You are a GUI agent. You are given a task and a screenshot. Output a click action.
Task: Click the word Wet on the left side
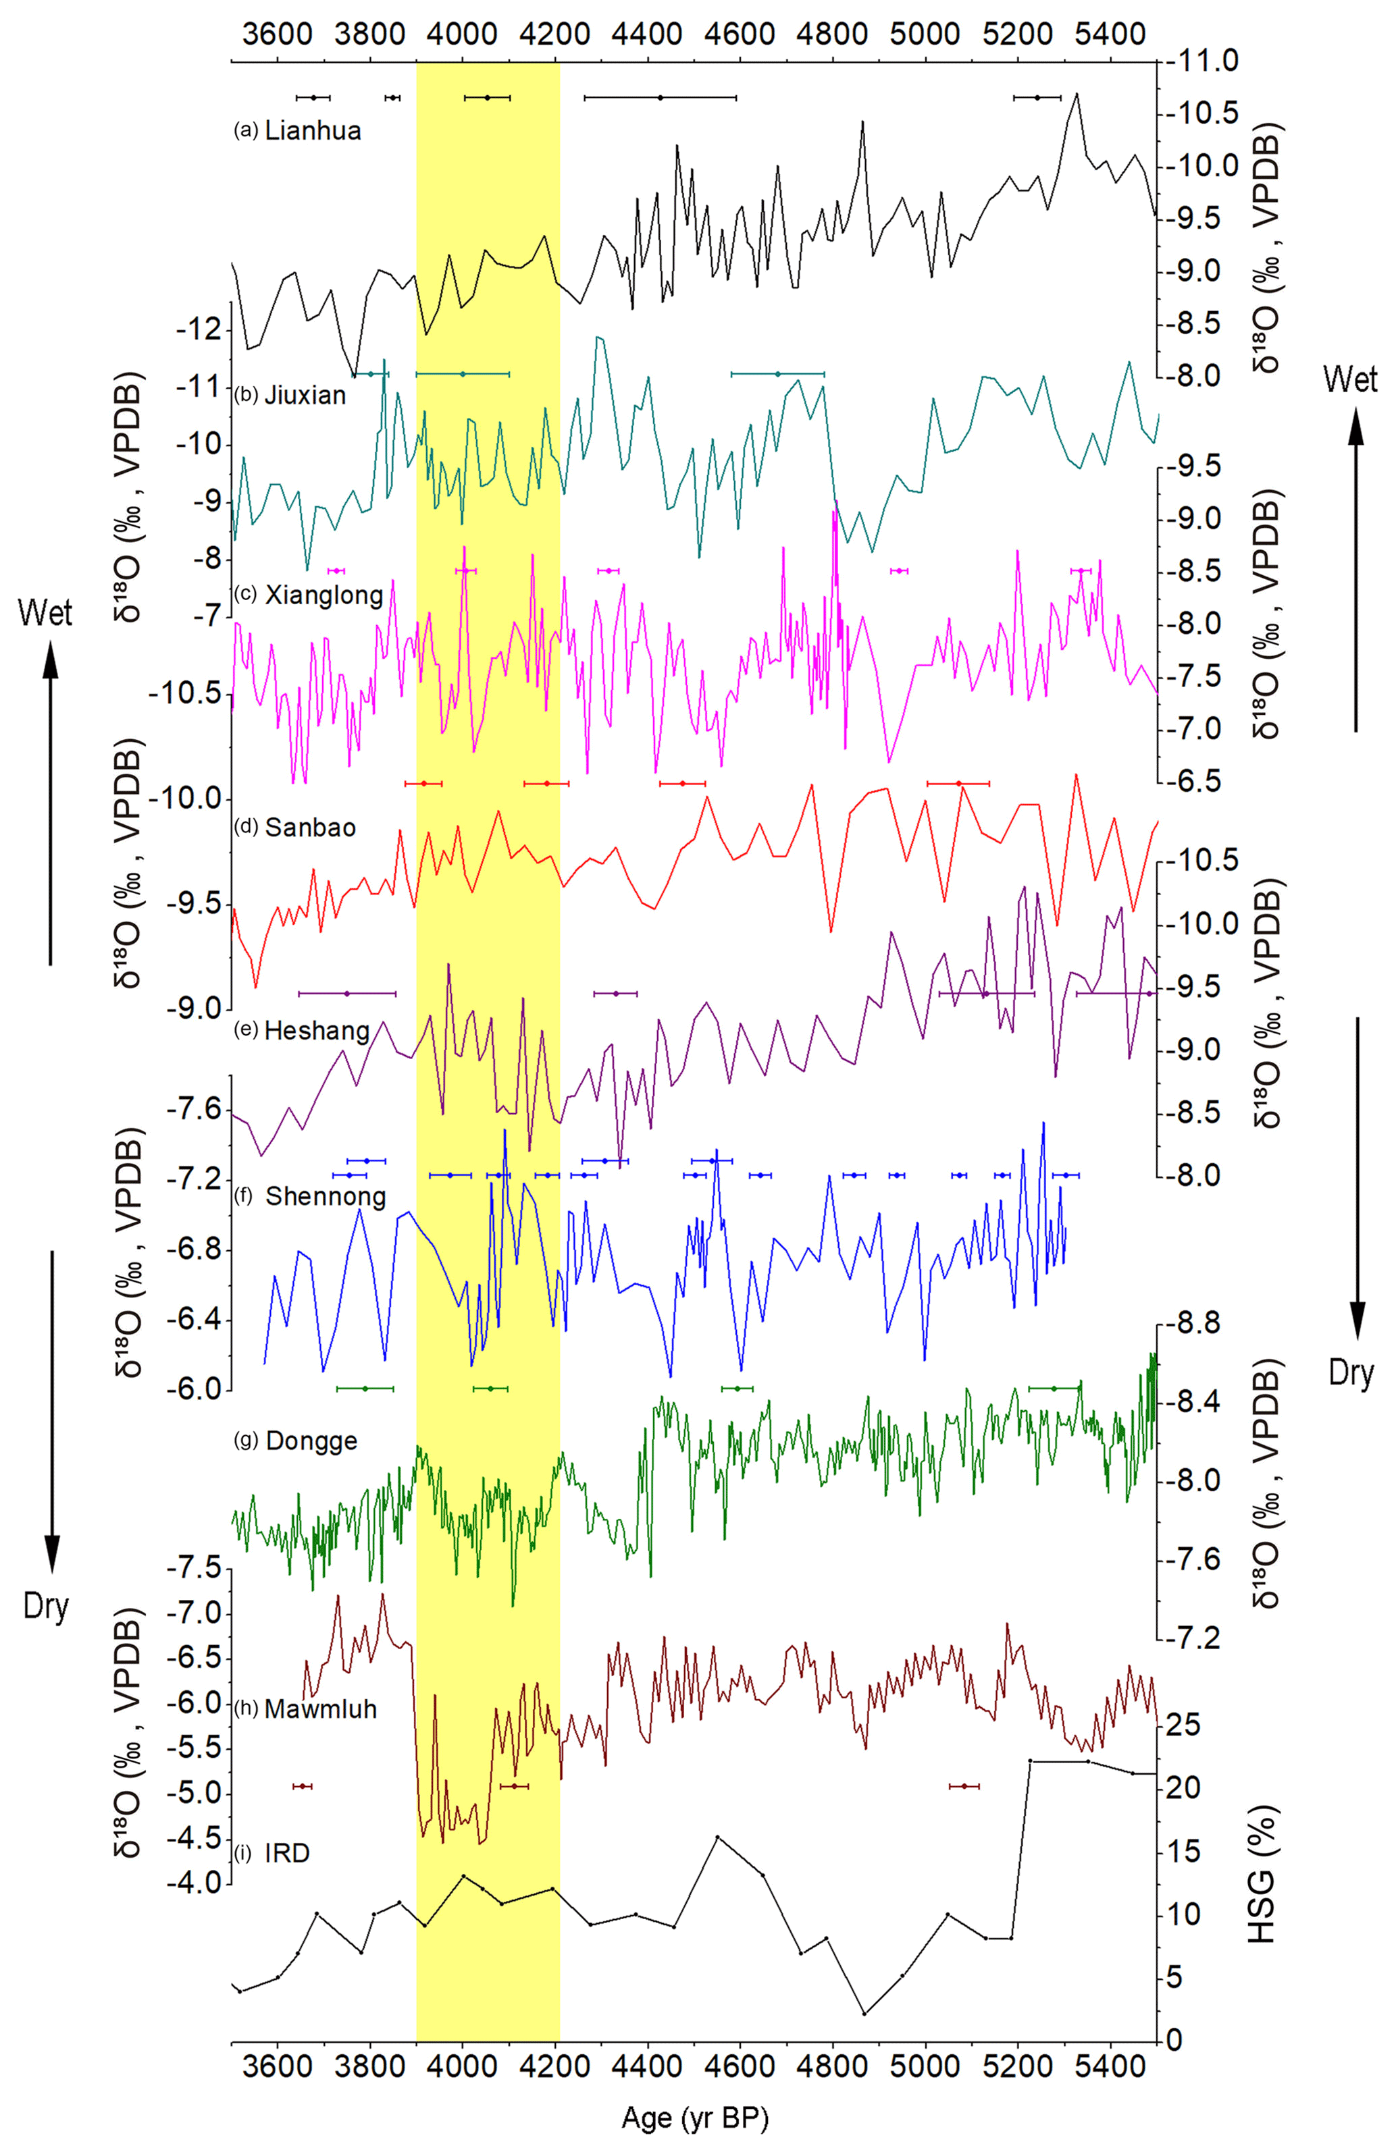45,614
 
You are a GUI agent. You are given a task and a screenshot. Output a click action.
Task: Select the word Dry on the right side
1351,1373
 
